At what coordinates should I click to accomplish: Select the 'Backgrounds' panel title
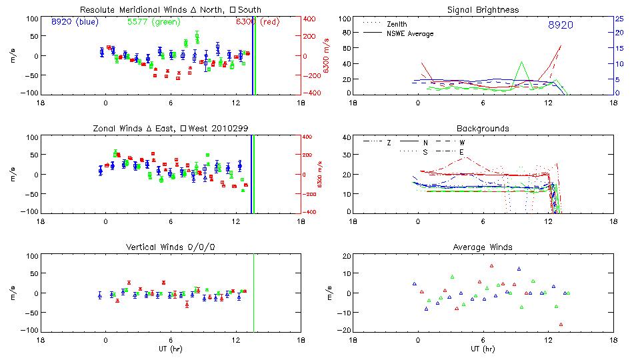483,128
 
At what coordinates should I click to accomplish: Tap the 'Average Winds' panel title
483,247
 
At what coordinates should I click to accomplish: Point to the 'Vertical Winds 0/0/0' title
170,247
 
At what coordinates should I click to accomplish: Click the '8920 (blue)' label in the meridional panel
75,22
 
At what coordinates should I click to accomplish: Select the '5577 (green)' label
153,22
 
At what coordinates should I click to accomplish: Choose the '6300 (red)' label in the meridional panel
257,22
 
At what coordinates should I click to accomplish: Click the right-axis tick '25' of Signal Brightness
619,19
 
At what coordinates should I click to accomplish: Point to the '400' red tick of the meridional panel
311,19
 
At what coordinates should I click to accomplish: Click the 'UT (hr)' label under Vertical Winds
170,349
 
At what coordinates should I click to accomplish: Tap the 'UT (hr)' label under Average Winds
483,349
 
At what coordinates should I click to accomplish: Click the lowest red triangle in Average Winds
561,325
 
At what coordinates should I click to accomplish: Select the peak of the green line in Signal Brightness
523,62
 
